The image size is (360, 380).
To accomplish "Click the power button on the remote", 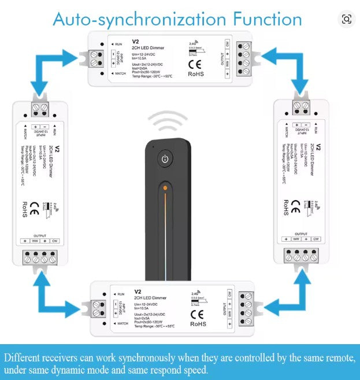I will point(165,159).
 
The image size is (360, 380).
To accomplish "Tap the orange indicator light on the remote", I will point(165,189).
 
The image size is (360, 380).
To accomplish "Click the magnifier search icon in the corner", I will point(347,19).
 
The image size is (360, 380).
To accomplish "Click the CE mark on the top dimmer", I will point(195,62).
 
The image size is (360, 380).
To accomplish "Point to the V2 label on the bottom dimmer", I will point(138,292).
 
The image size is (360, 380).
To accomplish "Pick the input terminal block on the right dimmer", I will point(300,106).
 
